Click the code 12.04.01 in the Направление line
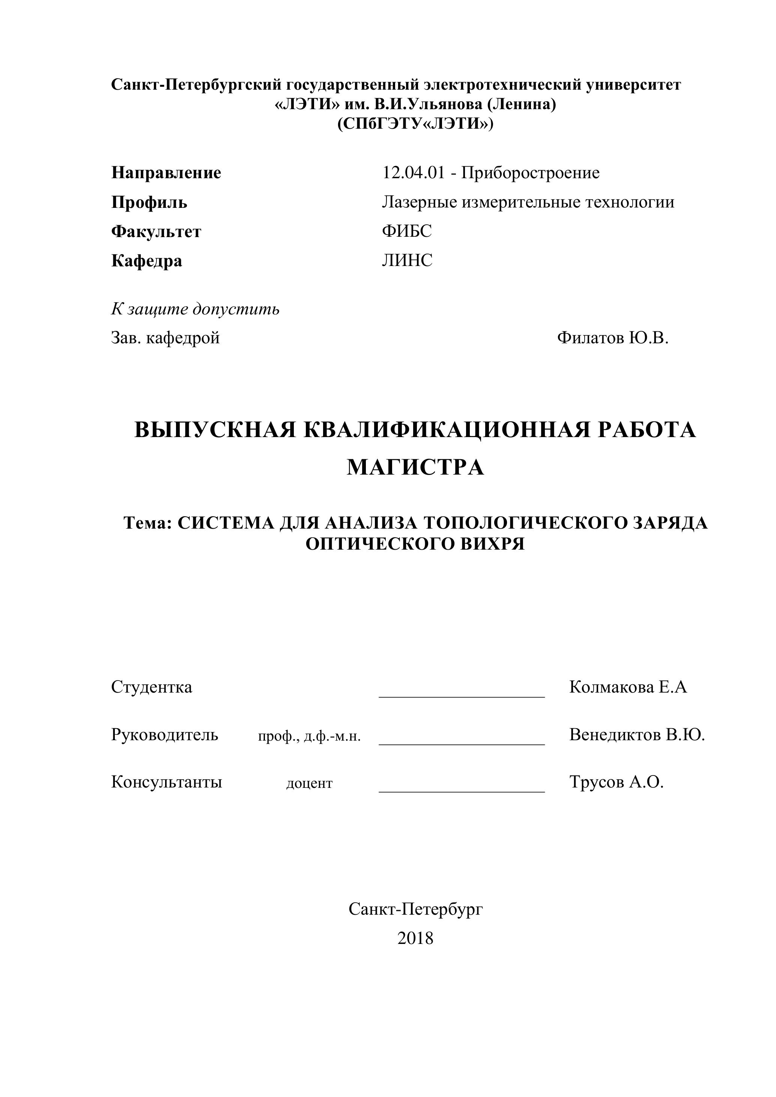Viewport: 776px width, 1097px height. pyautogui.click(x=413, y=173)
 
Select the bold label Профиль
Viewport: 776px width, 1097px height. pyautogui.click(x=149, y=203)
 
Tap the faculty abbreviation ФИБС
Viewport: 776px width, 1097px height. pyautogui.click(x=407, y=231)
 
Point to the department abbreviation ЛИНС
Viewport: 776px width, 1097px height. pyautogui.click(x=407, y=260)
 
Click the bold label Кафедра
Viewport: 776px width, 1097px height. pyautogui.click(x=147, y=261)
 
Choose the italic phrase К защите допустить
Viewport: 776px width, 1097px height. pyautogui.click(x=195, y=309)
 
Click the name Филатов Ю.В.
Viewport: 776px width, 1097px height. pyautogui.click(x=612, y=338)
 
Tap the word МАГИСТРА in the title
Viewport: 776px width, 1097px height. pyautogui.click(x=415, y=467)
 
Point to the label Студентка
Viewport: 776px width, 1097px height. pyautogui.click(x=152, y=687)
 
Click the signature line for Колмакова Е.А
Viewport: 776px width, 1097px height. pyautogui.click(x=462, y=696)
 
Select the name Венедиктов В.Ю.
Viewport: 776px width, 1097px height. pyautogui.click(x=637, y=734)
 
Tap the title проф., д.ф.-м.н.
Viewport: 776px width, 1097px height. pyautogui.click(x=309, y=736)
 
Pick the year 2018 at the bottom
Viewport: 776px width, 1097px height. pyautogui.click(x=415, y=938)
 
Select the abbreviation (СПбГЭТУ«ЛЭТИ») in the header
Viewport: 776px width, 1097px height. pyautogui.click(x=415, y=124)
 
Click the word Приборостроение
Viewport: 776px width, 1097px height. pyautogui.click(x=530, y=173)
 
